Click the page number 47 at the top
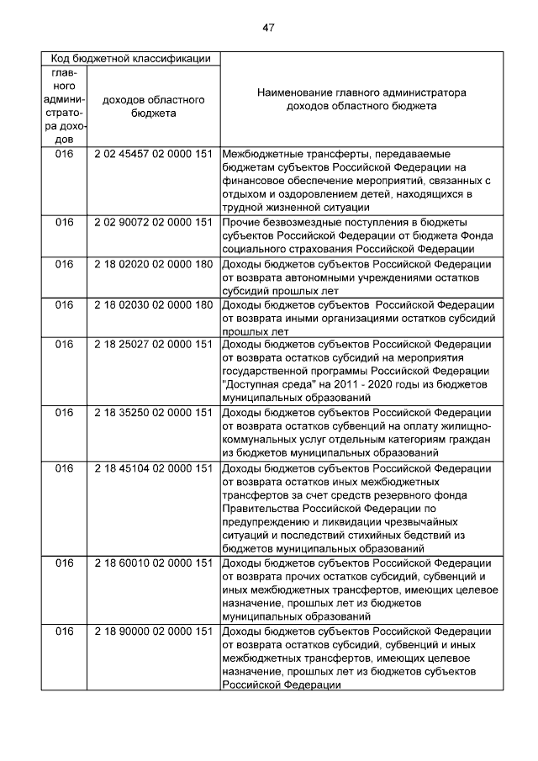click(x=268, y=28)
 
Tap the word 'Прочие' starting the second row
click(x=241, y=222)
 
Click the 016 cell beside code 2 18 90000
click(x=64, y=632)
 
